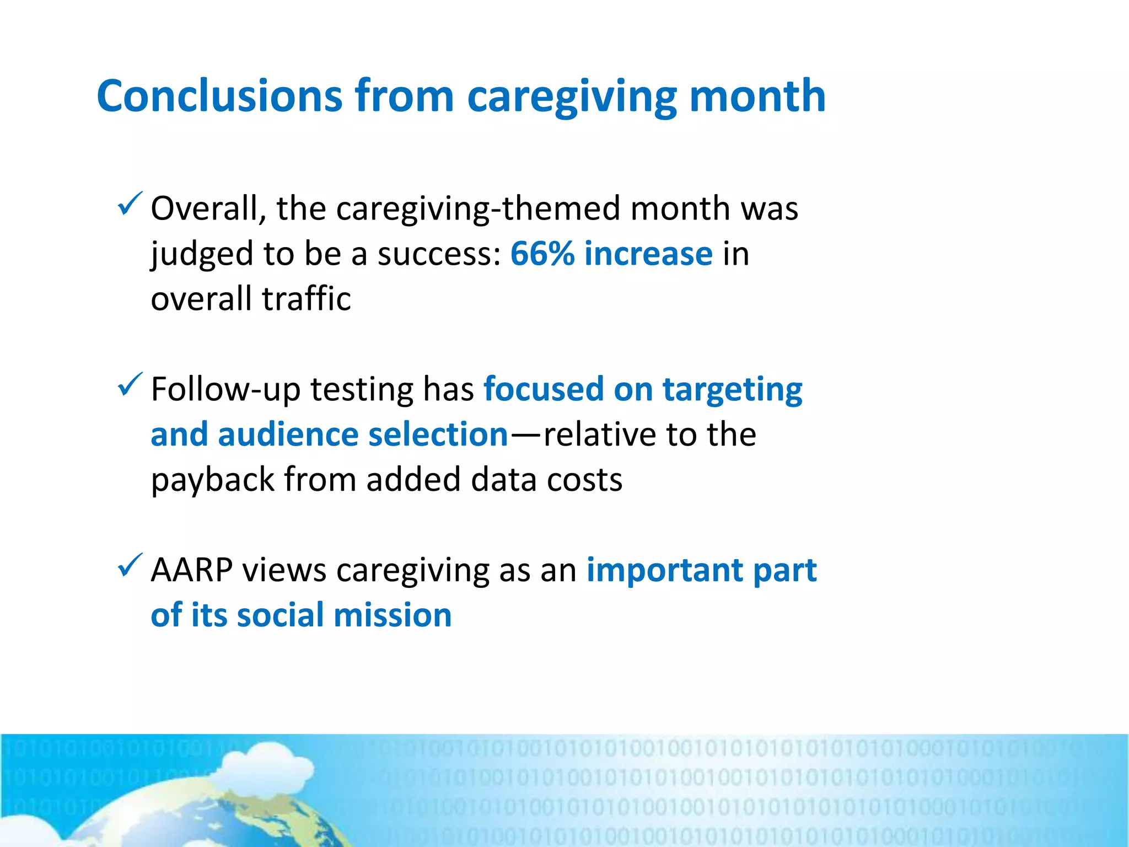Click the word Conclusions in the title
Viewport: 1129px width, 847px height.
[x=219, y=97]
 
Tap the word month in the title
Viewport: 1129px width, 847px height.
[x=757, y=97]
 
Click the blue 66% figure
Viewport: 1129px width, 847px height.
[x=542, y=254]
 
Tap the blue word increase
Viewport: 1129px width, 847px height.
[x=648, y=254]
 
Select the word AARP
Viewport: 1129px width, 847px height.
[x=191, y=570]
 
